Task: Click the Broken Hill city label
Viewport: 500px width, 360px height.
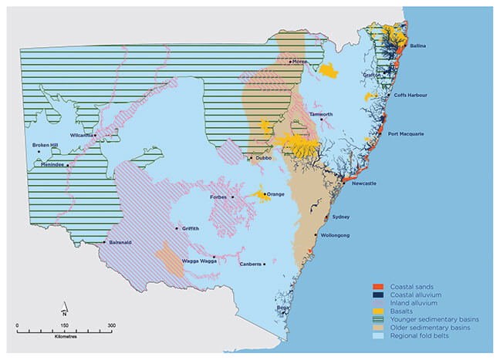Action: click(x=46, y=145)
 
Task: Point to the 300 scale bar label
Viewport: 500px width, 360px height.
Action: click(x=111, y=327)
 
